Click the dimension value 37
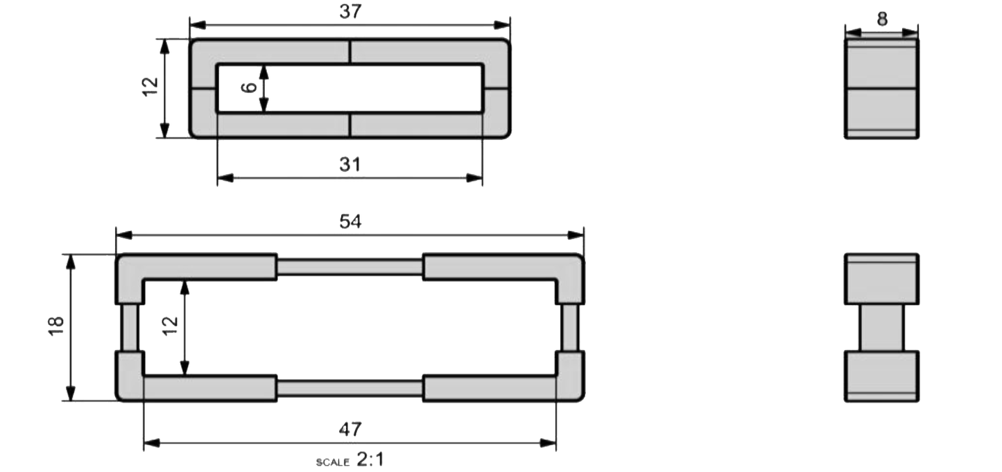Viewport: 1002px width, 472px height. (x=350, y=11)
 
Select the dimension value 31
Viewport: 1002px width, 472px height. (x=350, y=164)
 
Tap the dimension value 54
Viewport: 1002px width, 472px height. (x=350, y=222)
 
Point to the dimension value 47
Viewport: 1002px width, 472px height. (x=350, y=430)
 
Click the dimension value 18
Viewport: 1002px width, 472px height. (x=57, y=326)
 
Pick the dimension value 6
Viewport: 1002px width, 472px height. (x=250, y=88)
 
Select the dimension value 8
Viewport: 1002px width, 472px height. (x=881, y=19)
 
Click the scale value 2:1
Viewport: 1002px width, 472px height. (x=370, y=460)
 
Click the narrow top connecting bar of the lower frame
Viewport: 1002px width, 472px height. (x=350, y=267)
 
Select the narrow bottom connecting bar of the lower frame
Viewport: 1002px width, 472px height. (x=350, y=388)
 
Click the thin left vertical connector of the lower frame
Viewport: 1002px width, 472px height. (x=130, y=327)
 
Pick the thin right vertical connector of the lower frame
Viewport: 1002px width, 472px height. (x=570, y=327)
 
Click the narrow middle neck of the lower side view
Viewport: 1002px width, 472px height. (x=881, y=327)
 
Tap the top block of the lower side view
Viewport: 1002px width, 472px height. (x=881, y=279)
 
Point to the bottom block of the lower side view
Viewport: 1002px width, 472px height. (x=881, y=376)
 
